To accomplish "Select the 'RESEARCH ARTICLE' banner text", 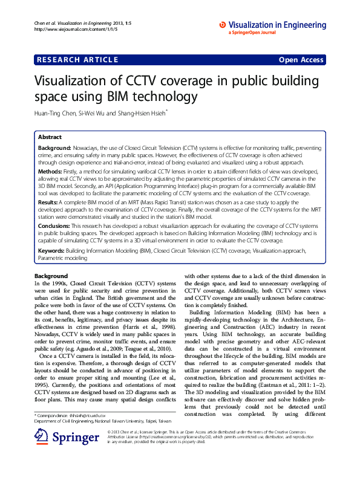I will (x=77, y=59).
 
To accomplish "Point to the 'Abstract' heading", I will (x=50, y=137).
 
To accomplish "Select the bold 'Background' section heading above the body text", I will (x=51, y=276).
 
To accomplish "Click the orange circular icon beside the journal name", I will (x=223, y=24).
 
